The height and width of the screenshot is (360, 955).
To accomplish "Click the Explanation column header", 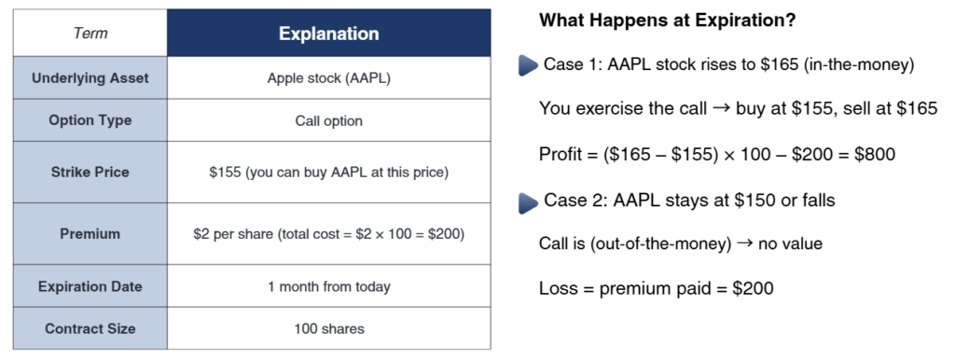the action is (x=329, y=34).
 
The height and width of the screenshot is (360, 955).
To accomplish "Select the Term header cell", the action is (x=90, y=33).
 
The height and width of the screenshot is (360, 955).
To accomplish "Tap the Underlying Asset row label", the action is (x=90, y=78).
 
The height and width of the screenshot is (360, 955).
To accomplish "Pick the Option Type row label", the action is (x=90, y=120).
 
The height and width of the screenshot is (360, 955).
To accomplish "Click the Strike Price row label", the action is (x=90, y=173).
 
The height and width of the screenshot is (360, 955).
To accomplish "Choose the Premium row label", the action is (x=90, y=234).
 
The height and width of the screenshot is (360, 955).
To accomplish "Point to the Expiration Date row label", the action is (x=90, y=286).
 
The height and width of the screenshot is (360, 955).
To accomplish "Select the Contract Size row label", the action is (x=90, y=329).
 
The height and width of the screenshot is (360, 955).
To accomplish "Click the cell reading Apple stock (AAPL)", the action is (x=329, y=78).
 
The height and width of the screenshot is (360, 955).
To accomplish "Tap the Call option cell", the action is (x=329, y=120).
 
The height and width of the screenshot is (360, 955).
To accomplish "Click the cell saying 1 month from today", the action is (x=329, y=286).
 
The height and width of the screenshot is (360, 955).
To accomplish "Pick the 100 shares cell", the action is (x=329, y=329).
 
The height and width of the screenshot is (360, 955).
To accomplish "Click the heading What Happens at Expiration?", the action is (x=668, y=21).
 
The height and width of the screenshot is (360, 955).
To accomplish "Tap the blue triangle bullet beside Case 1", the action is (x=528, y=65).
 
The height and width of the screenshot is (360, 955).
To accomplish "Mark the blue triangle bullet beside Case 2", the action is (x=528, y=202).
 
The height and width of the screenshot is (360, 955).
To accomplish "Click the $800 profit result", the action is (x=875, y=154).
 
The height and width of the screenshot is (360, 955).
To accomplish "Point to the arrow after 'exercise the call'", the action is (x=721, y=108).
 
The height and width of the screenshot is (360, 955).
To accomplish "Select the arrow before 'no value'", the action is (x=744, y=243).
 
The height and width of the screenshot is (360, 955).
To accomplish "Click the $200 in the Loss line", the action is (x=753, y=288).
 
